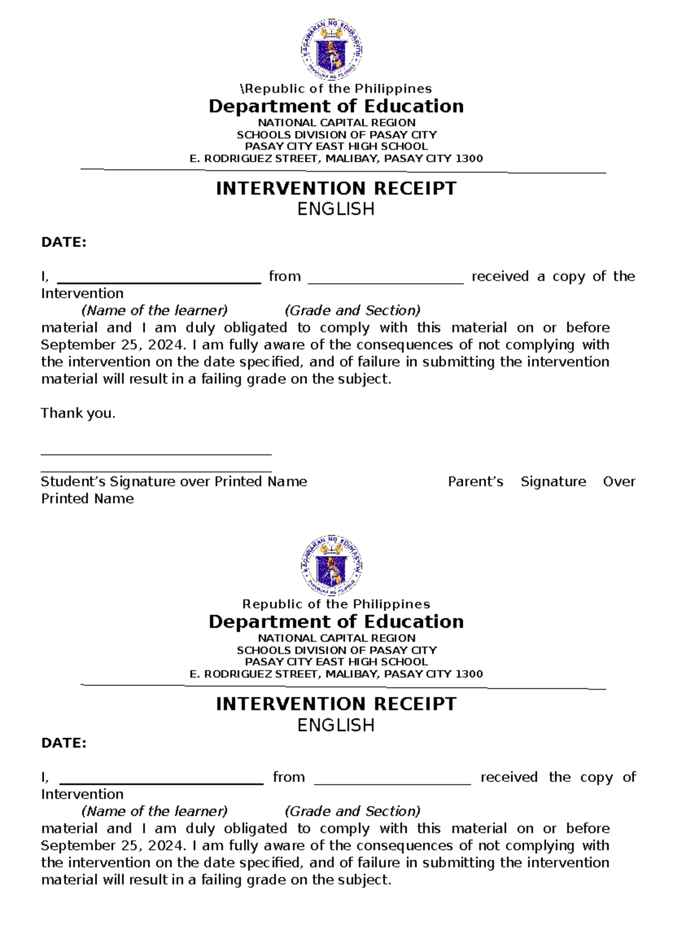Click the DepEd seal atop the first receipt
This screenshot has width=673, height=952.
pos(331,50)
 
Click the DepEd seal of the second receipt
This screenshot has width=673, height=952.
pos(331,565)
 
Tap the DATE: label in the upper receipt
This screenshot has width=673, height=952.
pos(64,242)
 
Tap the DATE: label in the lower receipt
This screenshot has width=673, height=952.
pos(64,743)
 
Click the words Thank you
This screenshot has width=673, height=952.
pos(78,414)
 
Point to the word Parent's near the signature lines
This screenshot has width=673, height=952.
pos(476,482)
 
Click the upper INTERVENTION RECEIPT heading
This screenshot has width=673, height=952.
pos(336,189)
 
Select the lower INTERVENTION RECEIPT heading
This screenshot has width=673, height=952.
pos(336,704)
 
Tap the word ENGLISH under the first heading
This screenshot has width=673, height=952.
pos(336,209)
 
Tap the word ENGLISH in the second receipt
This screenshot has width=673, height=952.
pos(336,725)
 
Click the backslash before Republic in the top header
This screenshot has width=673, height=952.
pos(242,89)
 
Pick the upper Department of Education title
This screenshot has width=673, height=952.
pos(336,106)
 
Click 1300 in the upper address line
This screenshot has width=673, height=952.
pos(469,159)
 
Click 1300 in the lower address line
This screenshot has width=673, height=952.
pos(469,674)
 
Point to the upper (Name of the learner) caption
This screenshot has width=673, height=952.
pos(155,310)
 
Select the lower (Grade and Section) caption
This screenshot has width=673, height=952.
pos(353,811)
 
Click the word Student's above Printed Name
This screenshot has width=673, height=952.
pos(73,482)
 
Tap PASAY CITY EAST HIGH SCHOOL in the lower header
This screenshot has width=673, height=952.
pos(336,662)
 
